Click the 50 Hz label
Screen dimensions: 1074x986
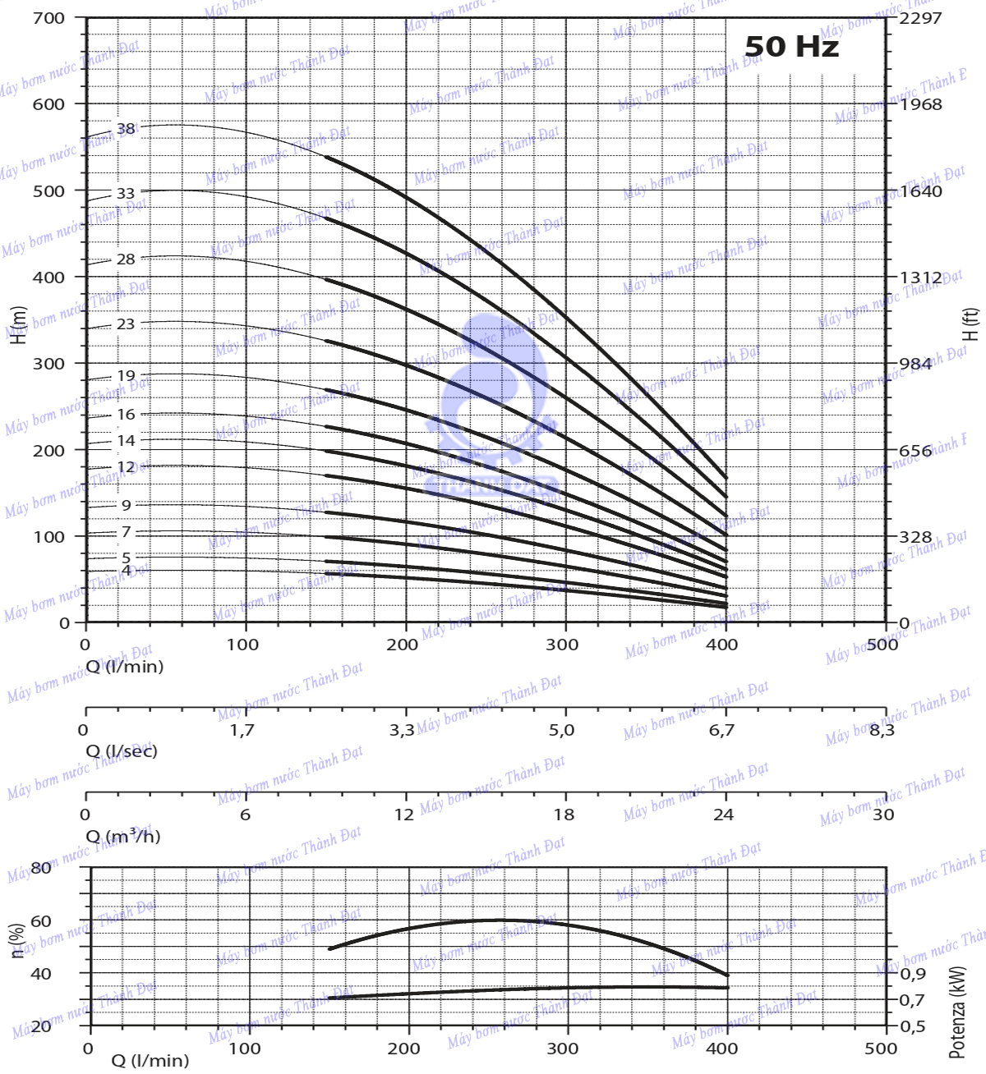(791, 47)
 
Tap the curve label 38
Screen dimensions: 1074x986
(126, 129)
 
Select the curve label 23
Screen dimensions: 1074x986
(125, 324)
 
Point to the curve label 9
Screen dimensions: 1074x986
(126, 506)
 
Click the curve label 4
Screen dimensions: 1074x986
(126, 571)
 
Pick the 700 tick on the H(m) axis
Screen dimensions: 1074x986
(48, 18)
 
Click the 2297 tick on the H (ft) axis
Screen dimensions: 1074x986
(920, 18)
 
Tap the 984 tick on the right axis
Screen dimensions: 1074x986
(915, 364)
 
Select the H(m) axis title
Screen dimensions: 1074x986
(18, 324)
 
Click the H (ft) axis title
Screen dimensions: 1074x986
(971, 324)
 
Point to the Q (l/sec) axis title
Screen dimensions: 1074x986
(122, 751)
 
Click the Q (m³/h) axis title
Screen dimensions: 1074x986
(123, 837)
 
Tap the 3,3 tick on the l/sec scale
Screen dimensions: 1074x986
(402, 730)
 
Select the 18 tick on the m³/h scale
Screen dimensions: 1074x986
(564, 815)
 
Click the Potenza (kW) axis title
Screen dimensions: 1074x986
(958, 1012)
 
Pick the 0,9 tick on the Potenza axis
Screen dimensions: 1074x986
(913, 974)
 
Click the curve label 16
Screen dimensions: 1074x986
(126, 415)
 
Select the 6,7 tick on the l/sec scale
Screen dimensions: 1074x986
(721, 730)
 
